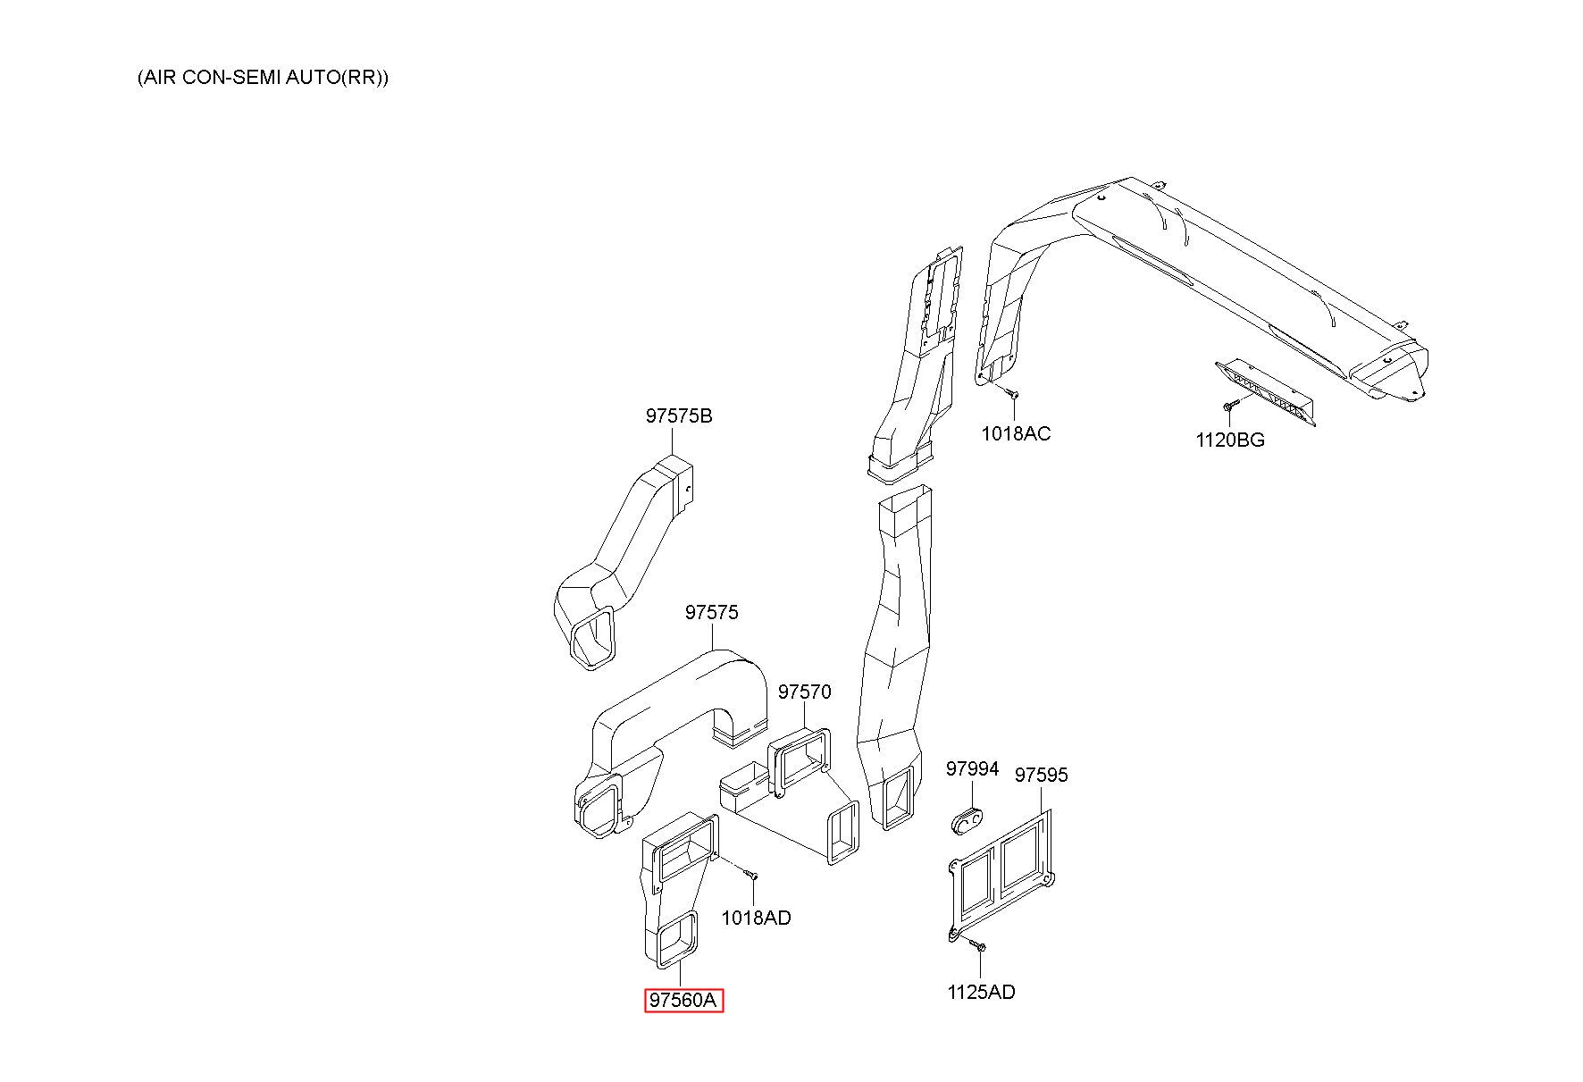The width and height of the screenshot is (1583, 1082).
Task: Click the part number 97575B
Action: pos(679,415)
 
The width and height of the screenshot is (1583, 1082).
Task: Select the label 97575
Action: pos(712,612)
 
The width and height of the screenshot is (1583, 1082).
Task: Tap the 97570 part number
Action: pos(804,692)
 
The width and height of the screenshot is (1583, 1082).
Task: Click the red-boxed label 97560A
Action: pos(683,1001)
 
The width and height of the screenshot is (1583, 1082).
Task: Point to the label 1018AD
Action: pos(756,918)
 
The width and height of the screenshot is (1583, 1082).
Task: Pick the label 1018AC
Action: pos(1016,433)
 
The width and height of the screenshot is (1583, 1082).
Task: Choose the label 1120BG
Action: pos(1230,440)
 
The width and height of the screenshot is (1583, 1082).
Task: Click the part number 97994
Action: pos(972,768)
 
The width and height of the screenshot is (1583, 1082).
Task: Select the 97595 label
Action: pos(1041,775)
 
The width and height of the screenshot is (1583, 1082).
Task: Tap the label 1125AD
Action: pos(981,992)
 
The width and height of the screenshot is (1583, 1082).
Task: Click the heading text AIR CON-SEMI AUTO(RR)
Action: pos(263,77)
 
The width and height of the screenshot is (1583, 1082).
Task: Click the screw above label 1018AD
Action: pos(750,872)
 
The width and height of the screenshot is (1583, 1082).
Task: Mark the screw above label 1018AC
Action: pos(1011,390)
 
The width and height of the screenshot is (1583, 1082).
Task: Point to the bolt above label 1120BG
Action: pos(1230,407)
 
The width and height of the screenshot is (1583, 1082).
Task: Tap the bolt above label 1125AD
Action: pos(978,944)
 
